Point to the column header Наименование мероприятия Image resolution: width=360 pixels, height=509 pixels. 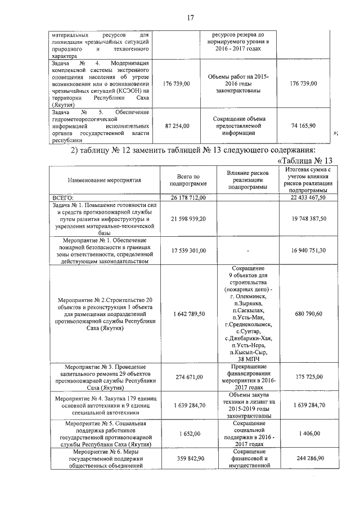[x=104, y=181]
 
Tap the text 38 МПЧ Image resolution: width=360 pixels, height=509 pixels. [x=248, y=358]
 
